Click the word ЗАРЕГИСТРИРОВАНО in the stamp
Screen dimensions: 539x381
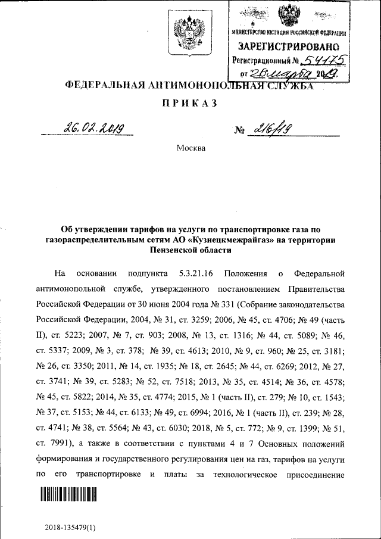289,46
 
